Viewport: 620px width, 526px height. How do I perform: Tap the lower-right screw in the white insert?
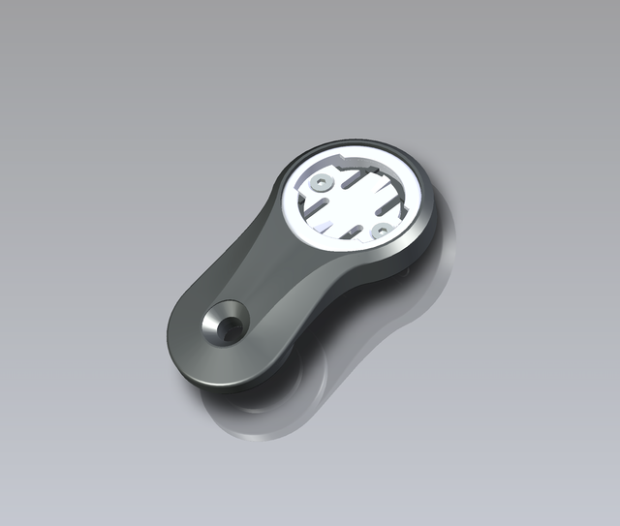[382, 230]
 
